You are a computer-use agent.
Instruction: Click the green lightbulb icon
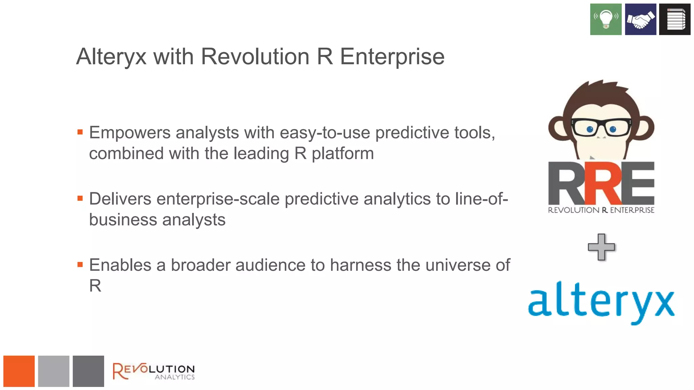click(606, 19)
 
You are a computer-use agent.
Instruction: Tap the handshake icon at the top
click(640, 19)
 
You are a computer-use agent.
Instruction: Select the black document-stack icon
click(675, 19)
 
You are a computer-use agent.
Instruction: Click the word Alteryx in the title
click(111, 57)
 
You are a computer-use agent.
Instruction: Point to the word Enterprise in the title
click(392, 57)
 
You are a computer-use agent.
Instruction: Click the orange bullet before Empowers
click(80, 132)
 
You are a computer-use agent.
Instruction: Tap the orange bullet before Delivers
click(80, 198)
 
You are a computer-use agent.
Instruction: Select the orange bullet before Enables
click(80, 265)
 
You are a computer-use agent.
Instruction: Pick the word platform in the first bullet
click(343, 154)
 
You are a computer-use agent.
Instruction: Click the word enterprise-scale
click(218, 199)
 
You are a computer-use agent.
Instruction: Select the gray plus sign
click(601, 247)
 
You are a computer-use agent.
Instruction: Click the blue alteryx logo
click(601, 301)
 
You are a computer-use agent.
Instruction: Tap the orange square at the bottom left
click(19, 371)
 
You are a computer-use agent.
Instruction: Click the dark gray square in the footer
click(88, 371)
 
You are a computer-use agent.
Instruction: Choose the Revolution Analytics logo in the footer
click(154, 371)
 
